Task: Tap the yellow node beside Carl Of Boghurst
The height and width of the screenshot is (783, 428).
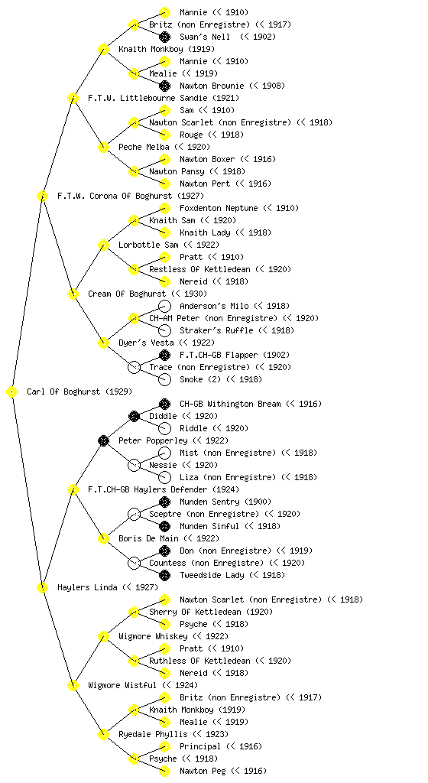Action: tap(12, 391)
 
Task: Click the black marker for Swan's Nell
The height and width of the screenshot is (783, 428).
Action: tap(164, 37)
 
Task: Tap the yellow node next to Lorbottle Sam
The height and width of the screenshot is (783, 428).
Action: tap(103, 245)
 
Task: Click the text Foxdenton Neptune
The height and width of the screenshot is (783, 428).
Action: tap(219, 208)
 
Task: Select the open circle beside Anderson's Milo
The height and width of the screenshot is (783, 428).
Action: tap(164, 306)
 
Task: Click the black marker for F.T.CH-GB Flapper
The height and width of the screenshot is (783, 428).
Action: tap(164, 355)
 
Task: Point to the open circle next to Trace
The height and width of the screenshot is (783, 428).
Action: tap(134, 367)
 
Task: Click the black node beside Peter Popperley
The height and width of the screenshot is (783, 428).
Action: tap(103, 440)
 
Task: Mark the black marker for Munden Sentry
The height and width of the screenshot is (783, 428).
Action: tap(164, 502)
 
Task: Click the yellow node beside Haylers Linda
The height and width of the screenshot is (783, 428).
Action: tap(42, 587)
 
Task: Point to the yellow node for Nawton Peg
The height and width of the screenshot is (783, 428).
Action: tap(164, 771)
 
